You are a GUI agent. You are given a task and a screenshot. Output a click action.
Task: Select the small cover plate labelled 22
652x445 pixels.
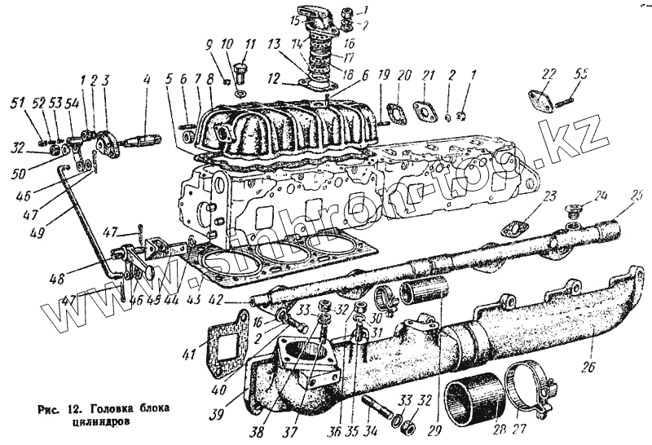[539, 103]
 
